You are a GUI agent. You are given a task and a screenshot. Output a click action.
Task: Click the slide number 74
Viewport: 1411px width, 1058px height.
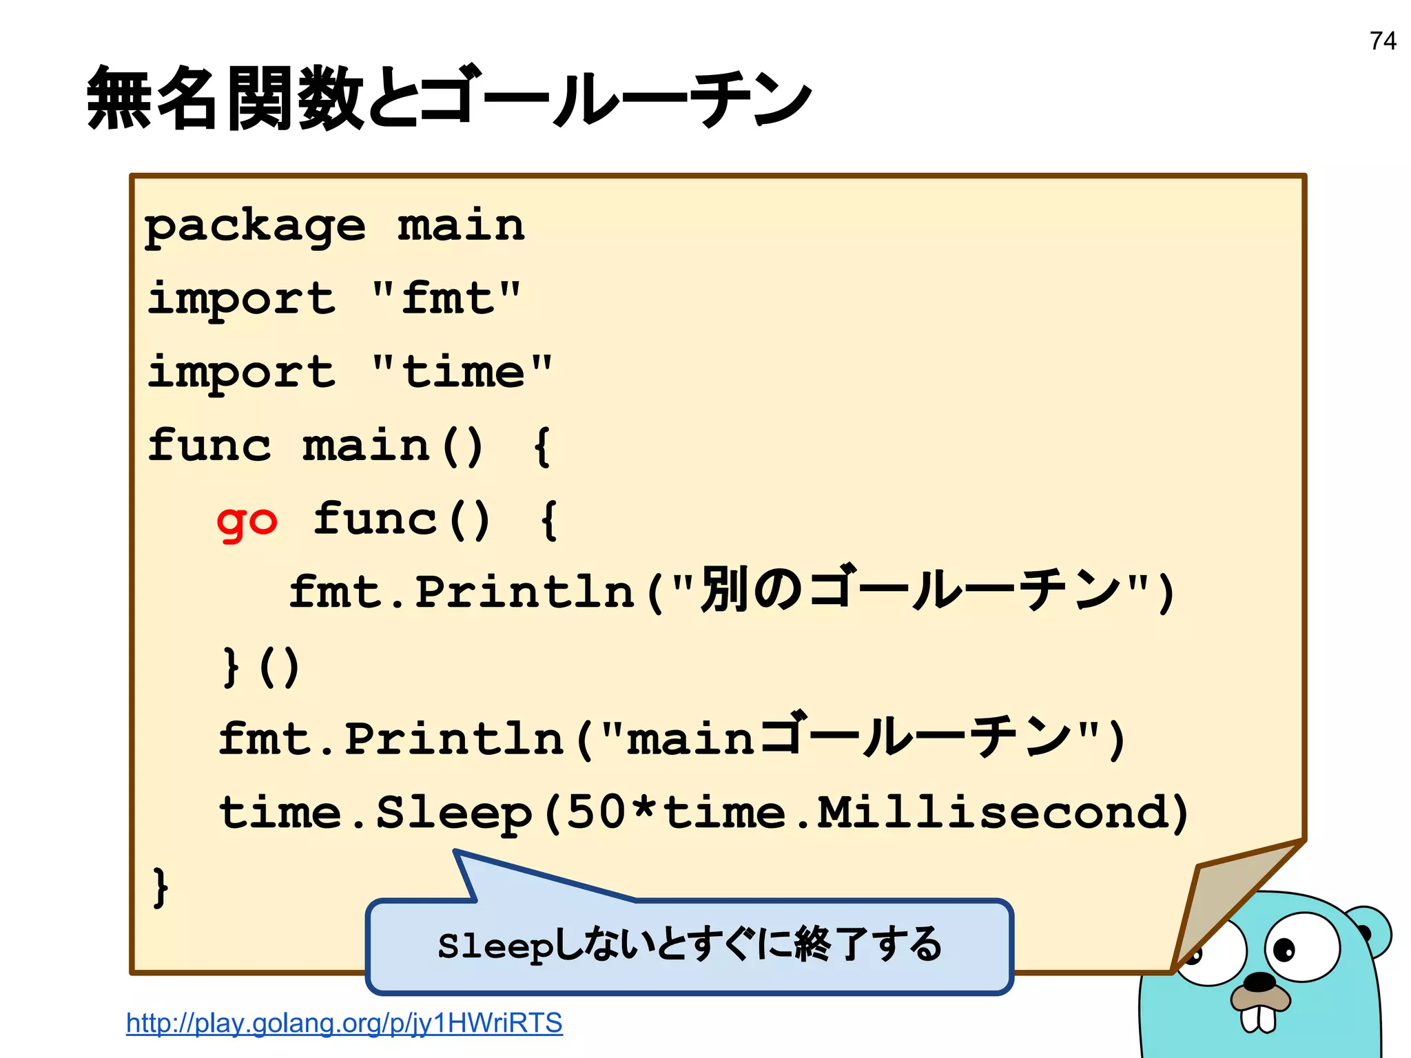click(x=1383, y=41)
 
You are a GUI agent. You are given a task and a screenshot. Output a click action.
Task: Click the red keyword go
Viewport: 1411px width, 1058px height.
click(x=247, y=521)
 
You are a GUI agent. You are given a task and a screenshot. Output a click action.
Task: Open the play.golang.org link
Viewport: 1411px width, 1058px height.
click(x=344, y=1023)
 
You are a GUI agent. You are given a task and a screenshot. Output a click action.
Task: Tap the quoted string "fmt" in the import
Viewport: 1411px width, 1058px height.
click(x=446, y=299)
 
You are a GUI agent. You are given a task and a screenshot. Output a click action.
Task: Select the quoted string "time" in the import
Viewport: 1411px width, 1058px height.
click(x=462, y=373)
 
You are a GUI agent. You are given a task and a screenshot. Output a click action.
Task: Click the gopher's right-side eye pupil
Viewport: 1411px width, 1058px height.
click(x=1284, y=950)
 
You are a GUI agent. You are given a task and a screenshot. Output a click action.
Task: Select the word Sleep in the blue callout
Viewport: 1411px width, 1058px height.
click(x=495, y=946)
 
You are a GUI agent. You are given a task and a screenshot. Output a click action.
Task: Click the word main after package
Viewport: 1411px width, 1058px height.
click(x=461, y=226)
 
